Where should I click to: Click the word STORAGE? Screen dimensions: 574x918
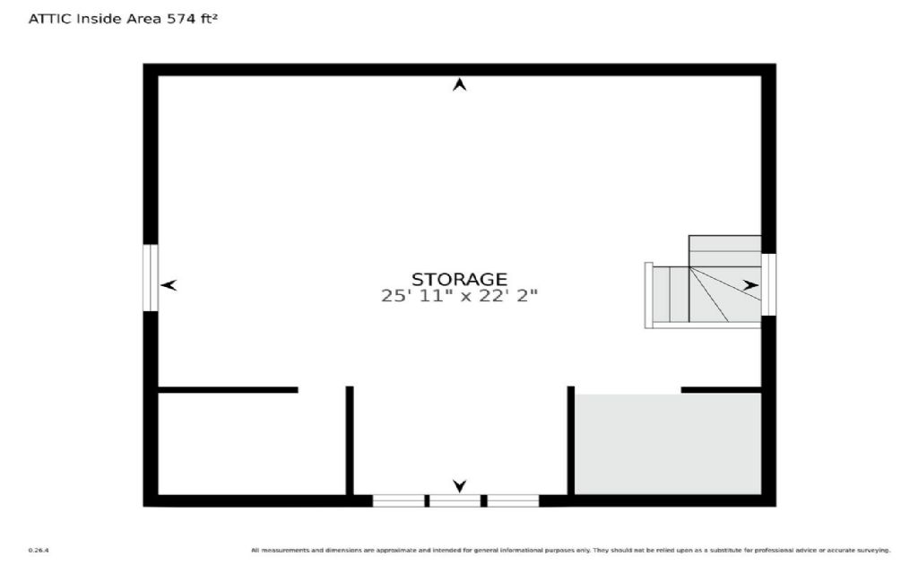click(x=459, y=279)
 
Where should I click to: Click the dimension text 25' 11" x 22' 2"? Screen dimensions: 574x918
click(x=459, y=295)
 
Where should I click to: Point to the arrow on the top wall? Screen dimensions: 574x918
click(x=460, y=85)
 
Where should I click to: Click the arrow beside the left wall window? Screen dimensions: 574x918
click(x=169, y=285)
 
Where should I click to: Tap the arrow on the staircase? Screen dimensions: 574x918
click(x=750, y=285)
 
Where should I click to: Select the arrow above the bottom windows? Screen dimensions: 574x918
click(x=460, y=486)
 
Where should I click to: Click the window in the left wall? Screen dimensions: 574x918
click(x=152, y=278)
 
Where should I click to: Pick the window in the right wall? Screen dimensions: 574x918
click(x=768, y=284)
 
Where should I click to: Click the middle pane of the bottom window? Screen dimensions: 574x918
click(x=455, y=500)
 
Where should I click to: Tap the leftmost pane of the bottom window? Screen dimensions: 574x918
click(x=399, y=500)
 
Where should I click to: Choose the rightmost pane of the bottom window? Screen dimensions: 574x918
click(x=513, y=500)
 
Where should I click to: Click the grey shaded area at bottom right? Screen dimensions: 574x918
click(x=668, y=444)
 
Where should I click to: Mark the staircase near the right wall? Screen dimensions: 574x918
click(x=705, y=285)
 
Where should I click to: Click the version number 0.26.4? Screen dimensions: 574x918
click(x=38, y=550)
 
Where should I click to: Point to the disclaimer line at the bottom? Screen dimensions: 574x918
click(x=571, y=550)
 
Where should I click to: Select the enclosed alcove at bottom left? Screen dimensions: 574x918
click(x=251, y=444)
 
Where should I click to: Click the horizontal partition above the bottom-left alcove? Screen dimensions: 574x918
click(x=228, y=390)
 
